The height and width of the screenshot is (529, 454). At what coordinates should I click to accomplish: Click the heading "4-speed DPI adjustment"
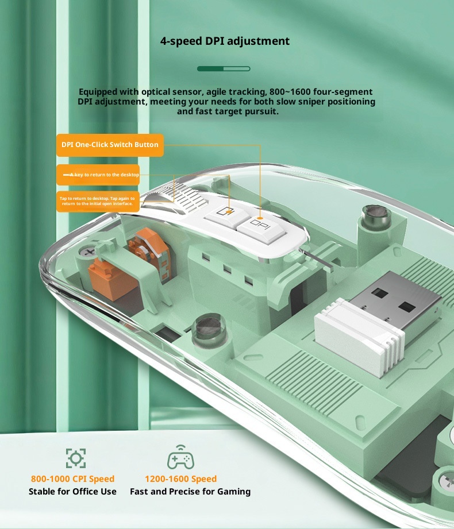225,41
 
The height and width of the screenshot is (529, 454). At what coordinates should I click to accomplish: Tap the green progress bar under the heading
224,69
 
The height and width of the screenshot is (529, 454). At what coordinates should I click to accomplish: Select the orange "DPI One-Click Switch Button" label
110,145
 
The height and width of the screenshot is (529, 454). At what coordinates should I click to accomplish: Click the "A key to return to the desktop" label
98,175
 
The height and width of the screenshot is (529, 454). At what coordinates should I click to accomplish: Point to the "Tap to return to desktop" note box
98,202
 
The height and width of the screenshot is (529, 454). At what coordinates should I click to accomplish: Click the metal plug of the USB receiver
395,302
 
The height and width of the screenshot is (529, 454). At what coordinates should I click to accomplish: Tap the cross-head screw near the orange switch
89,252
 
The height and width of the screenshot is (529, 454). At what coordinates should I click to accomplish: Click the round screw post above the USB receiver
376,217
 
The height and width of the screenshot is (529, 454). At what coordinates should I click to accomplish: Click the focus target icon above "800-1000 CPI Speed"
76,458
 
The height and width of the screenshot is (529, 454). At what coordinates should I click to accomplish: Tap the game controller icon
180,457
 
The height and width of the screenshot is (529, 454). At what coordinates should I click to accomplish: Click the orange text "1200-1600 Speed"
180,479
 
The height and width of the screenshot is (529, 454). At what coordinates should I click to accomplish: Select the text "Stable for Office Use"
72,492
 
